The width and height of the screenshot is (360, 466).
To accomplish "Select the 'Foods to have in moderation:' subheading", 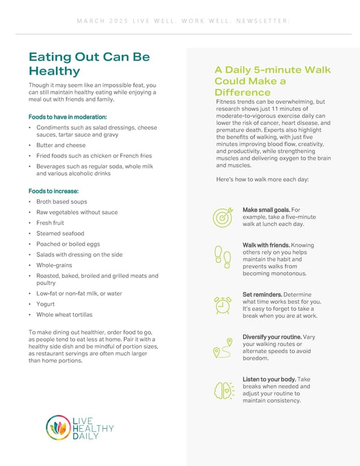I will click(67, 116).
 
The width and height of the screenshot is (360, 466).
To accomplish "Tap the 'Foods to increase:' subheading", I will click(53, 191).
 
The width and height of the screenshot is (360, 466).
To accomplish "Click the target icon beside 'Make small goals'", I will click(223, 217).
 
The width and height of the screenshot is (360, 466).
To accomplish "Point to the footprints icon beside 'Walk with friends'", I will click(223, 257).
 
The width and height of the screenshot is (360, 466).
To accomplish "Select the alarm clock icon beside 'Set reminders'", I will click(223, 305).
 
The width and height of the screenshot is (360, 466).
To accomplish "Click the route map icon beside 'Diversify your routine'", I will click(223, 348).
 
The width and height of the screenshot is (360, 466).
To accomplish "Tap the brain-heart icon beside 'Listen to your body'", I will click(223, 390).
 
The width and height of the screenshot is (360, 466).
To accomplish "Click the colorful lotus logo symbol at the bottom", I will click(58, 428).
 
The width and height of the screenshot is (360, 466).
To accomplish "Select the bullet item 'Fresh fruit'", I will click(50, 223).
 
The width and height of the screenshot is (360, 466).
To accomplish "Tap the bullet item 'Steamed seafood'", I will click(60, 234).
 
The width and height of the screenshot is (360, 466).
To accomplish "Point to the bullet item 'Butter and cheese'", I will click(61, 145).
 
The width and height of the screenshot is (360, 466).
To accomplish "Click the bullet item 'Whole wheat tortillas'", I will click(64, 315).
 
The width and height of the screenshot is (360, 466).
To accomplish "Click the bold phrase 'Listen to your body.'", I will click(269, 380).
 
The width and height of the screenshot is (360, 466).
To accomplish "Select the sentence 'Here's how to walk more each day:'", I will click(262, 180).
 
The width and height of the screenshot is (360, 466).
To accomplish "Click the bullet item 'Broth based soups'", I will click(62, 202).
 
